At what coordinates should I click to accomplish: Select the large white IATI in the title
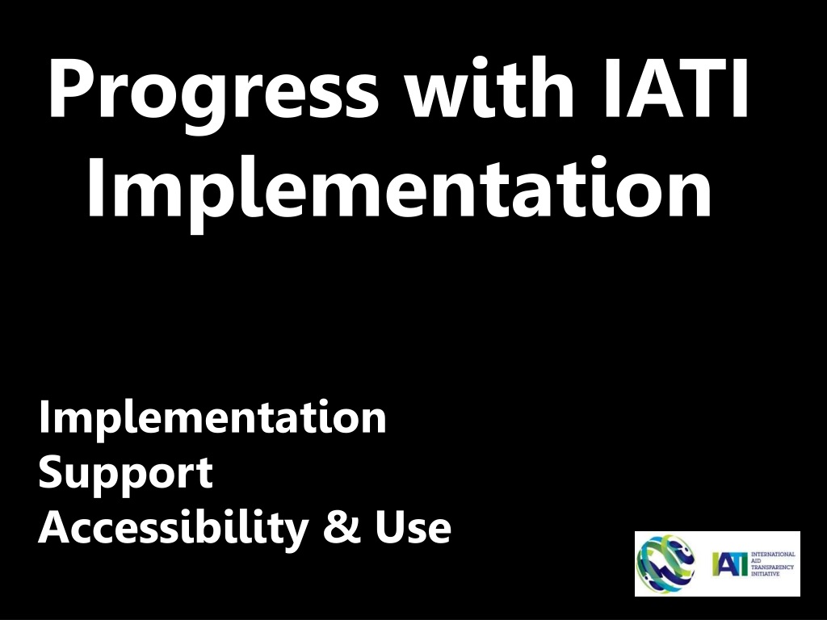[676, 87]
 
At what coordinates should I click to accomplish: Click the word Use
[413, 527]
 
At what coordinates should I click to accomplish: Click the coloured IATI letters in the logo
[730, 564]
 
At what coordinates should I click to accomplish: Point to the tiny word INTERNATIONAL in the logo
[773, 555]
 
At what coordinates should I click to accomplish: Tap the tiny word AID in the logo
[755, 561]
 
